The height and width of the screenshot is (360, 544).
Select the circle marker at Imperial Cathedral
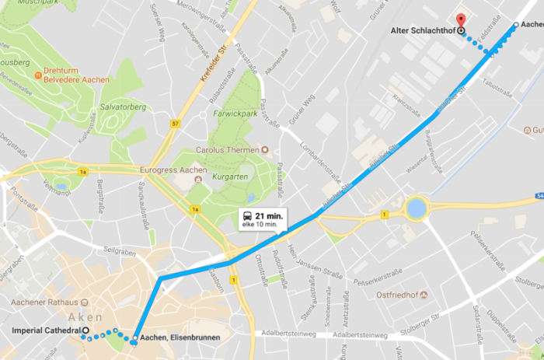click(86, 332)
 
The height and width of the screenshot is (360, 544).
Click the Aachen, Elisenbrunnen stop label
click(180, 338)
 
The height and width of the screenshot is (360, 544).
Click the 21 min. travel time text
click(267, 215)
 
